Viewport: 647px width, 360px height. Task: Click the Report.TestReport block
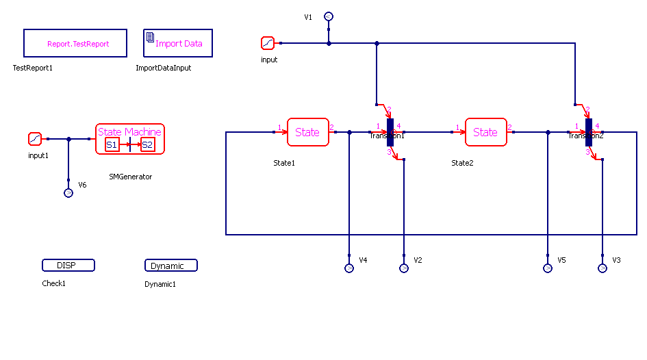(x=75, y=43)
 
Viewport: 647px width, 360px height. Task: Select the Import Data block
(x=178, y=43)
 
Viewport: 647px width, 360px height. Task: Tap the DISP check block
(x=68, y=266)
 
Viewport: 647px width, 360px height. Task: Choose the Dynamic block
(x=171, y=266)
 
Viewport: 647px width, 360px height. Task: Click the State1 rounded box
(x=307, y=132)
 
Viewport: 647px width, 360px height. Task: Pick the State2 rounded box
(x=485, y=132)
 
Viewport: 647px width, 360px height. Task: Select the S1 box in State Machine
(x=112, y=144)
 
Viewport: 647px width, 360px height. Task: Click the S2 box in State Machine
(x=147, y=144)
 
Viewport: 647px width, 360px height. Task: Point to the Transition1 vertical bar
(x=390, y=132)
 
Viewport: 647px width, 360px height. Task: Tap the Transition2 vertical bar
(x=589, y=132)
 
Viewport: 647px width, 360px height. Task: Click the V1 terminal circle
(x=329, y=16)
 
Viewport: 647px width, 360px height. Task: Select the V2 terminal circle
(x=404, y=268)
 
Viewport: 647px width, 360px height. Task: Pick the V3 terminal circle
(x=602, y=268)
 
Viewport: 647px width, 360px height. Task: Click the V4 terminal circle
(x=349, y=268)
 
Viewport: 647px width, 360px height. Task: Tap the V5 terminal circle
(x=548, y=268)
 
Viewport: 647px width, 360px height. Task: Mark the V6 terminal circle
(x=68, y=193)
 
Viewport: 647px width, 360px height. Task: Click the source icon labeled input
(x=267, y=43)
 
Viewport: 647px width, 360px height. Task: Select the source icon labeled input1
(x=35, y=139)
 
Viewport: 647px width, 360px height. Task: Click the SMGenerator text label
(x=130, y=177)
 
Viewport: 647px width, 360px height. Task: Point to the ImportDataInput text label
(x=163, y=68)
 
